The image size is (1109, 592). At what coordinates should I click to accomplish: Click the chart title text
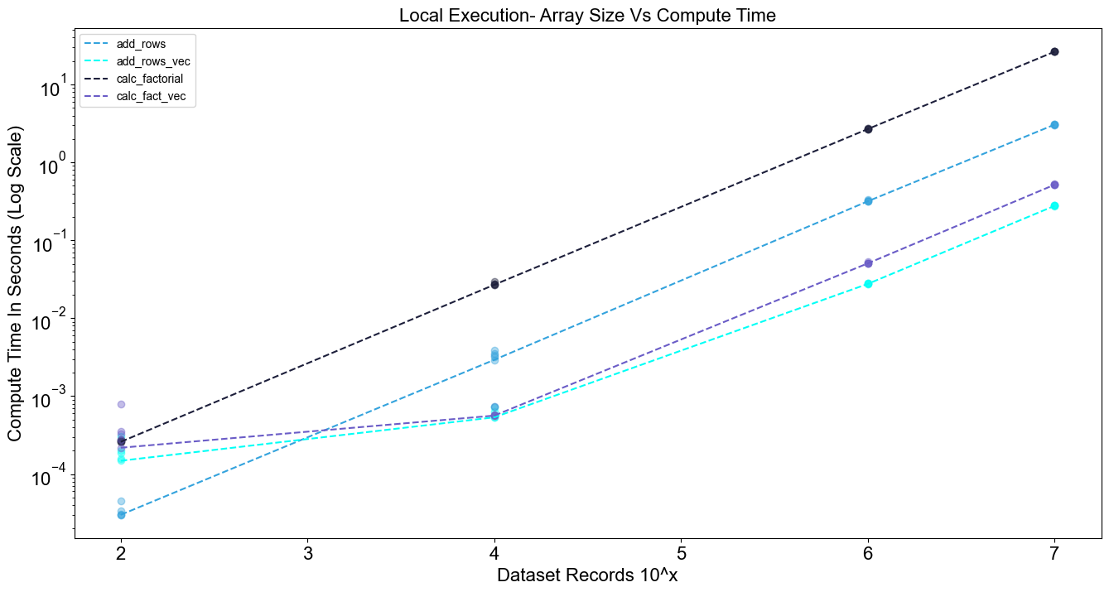click(x=587, y=16)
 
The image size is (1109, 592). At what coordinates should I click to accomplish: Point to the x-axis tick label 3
click(x=308, y=553)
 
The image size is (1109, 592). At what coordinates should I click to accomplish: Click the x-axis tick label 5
click(x=682, y=553)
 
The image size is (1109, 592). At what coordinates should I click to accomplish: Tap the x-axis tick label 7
click(x=1054, y=553)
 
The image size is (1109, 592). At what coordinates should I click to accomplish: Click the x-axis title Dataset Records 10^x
click(x=587, y=575)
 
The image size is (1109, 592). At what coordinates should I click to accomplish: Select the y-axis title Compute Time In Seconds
click(x=15, y=284)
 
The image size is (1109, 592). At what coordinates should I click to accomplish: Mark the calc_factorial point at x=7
click(x=1054, y=51)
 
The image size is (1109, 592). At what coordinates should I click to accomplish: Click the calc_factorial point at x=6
click(x=868, y=129)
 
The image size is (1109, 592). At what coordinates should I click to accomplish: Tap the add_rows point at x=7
click(x=1054, y=125)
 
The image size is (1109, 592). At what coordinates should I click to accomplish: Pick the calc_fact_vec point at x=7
click(x=1054, y=185)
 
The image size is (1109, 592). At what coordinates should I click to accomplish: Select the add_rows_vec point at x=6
click(x=868, y=284)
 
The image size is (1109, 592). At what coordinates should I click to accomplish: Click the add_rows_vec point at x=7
click(x=1054, y=205)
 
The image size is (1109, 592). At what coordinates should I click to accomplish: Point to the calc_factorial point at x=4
click(x=494, y=285)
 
